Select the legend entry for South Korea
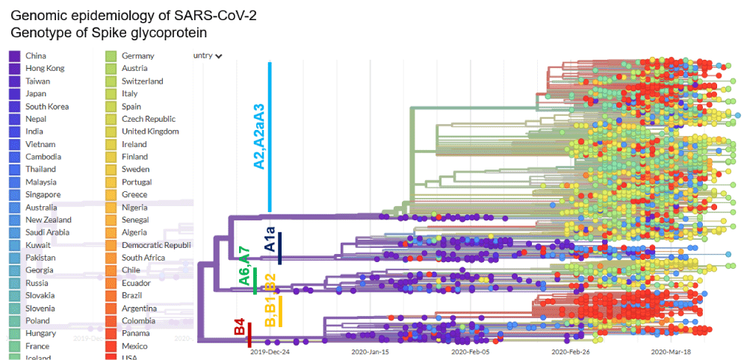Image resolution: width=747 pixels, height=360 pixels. click(x=46, y=106)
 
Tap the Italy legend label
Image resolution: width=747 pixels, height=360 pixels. click(x=131, y=93)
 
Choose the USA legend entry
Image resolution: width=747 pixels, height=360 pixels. click(x=130, y=357)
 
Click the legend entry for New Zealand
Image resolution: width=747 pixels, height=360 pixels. click(x=48, y=220)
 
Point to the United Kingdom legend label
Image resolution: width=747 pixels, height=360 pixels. click(x=150, y=131)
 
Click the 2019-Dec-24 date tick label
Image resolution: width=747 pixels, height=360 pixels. click(x=270, y=352)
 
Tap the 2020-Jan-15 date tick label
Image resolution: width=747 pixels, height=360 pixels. click(x=371, y=352)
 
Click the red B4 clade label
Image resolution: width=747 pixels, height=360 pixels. click(x=240, y=326)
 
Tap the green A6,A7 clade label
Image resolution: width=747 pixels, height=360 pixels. click(x=244, y=264)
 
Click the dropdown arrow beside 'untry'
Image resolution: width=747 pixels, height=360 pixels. click(x=218, y=55)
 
